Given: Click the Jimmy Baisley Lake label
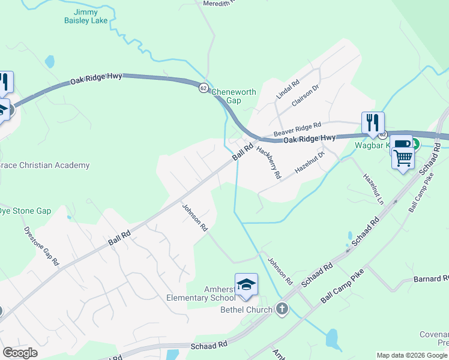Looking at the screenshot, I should point(86,16).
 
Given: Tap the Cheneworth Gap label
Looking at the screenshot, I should point(234,96).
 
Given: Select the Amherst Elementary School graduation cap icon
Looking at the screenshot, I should point(246,284).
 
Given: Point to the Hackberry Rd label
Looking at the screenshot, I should point(268,162).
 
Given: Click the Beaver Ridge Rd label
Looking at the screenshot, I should point(297,128).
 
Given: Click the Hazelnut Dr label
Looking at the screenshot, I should point(309,163).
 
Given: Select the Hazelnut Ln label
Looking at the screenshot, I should point(373,189).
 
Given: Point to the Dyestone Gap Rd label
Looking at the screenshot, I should point(41,245).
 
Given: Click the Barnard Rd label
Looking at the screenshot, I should point(431,279).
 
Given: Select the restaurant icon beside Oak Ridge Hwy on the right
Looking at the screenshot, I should point(373,123).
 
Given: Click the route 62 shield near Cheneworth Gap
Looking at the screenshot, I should point(204,88).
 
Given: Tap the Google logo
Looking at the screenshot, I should point(20,352).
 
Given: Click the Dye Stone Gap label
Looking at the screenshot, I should point(25,211).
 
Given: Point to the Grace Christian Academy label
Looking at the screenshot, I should point(44,165).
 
